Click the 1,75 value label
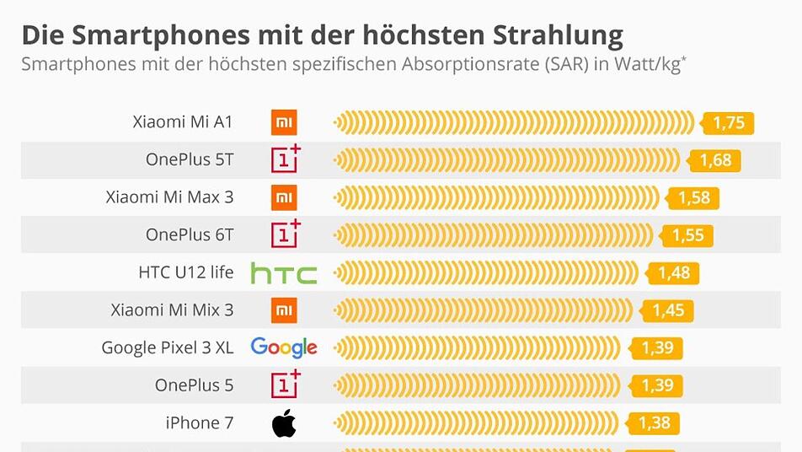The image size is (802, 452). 729,123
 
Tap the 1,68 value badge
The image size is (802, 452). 714,160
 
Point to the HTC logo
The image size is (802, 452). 284,273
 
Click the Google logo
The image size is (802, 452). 284,347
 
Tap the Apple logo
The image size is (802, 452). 284,423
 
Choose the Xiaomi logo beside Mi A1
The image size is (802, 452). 284,123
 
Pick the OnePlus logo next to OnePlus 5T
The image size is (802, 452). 285,159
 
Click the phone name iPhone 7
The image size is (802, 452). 200,422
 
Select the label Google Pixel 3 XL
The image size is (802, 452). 167,347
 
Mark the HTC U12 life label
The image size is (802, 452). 185,272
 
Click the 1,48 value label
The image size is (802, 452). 675,273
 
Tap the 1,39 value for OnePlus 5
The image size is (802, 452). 657,385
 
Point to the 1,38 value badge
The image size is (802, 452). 655,422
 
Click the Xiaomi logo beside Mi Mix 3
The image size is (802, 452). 284,310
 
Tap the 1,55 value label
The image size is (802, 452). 687,235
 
